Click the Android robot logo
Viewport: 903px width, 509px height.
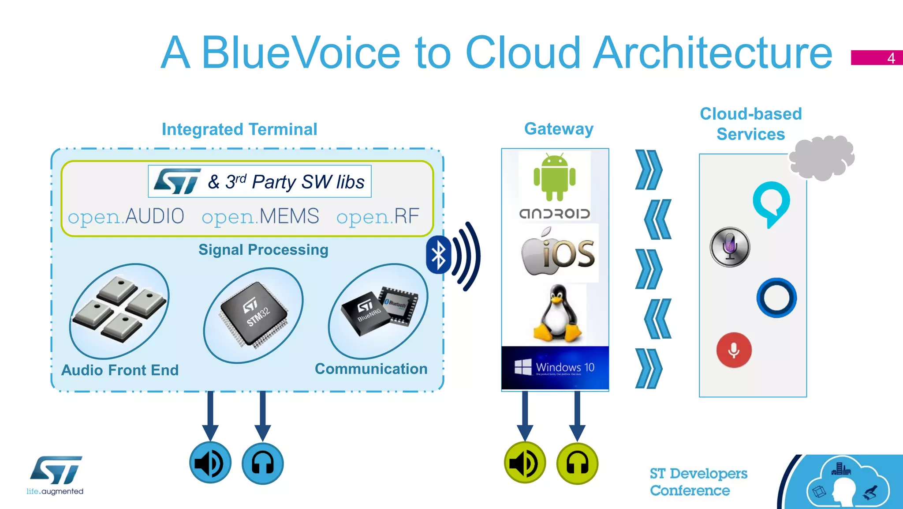click(x=554, y=177)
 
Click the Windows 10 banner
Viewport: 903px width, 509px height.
click(x=555, y=368)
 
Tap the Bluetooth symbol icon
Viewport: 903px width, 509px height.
click(x=438, y=255)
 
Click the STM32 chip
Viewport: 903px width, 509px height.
click(x=254, y=313)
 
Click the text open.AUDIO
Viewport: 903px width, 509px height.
click(x=126, y=216)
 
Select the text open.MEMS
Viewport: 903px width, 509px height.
click(x=260, y=216)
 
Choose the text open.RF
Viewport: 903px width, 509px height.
click(x=377, y=216)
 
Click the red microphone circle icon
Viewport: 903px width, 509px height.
click(x=734, y=350)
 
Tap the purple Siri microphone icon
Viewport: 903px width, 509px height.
click(x=730, y=247)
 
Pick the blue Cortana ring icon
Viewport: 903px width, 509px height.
click(x=776, y=298)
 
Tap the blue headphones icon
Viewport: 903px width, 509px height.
click(x=263, y=463)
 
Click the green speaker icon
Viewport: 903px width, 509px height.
click(x=525, y=463)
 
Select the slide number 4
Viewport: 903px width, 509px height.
click(x=891, y=58)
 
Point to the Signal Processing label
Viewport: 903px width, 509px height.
click(x=263, y=250)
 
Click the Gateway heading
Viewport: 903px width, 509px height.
click(x=559, y=129)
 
